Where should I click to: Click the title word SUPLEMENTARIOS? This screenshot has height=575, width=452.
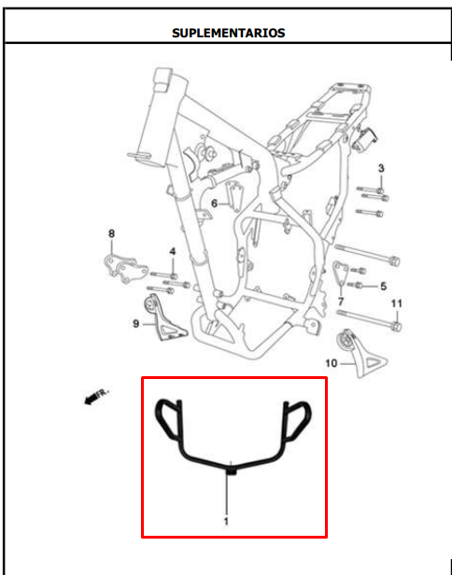(228, 33)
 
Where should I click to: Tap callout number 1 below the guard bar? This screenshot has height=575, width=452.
(226, 521)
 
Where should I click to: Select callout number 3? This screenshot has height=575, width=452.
(381, 168)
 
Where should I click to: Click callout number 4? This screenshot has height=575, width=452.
(173, 252)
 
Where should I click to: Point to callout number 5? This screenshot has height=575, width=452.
(384, 286)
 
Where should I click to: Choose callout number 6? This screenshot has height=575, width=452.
(214, 203)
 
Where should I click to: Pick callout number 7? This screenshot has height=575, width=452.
(341, 302)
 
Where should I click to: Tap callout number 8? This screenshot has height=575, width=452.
(111, 233)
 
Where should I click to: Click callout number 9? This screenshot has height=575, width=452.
(136, 324)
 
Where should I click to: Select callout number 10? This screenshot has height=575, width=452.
(331, 363)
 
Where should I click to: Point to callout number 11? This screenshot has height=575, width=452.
(397, 303)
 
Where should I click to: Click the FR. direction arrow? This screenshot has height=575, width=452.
(96, 397)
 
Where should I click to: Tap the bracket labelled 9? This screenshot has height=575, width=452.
(164, 318)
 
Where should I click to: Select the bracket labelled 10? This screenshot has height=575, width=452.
(360, 353)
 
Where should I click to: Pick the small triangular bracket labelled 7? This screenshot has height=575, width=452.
(341, 273)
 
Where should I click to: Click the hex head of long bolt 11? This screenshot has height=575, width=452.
(396, 326)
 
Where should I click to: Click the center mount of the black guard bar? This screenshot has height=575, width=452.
(232, 470)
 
